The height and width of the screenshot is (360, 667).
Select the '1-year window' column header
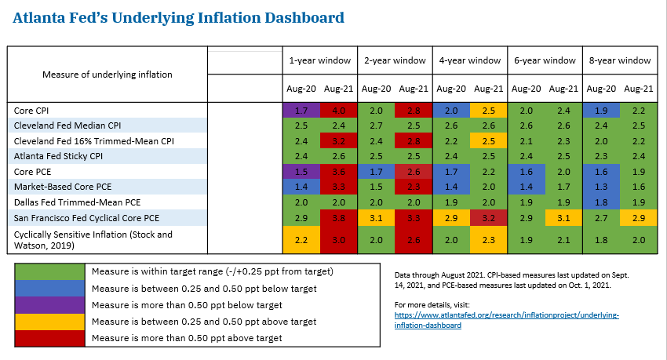(x=319, y=60)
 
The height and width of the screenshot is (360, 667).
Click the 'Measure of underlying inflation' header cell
(x=107, y=75)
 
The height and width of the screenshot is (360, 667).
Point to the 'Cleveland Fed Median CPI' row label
(x=65, y=125)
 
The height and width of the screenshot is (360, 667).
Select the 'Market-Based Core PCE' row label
(x=63, y=187)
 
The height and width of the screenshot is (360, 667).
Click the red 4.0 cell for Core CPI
(x=338, y=111)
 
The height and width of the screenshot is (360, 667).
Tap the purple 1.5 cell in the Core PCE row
(x=301, y=171)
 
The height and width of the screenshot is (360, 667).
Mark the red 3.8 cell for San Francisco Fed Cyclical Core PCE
(x=338, y=217)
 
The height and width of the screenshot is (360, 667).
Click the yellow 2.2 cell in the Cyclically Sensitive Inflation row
(x=301, y=239)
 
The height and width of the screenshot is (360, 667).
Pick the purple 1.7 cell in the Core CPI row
(x=301, y=111)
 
